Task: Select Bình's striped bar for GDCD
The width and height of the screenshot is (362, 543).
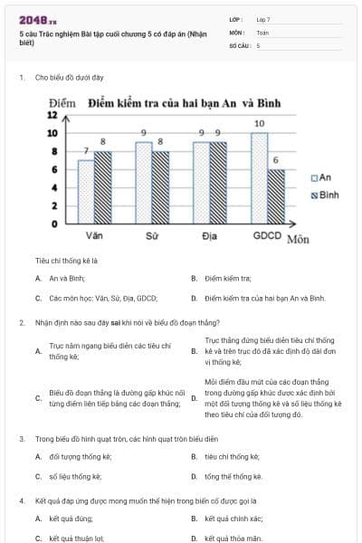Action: [276, 195]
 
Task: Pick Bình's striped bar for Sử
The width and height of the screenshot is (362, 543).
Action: [160, 186]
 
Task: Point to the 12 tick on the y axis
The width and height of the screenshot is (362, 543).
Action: [52, 115]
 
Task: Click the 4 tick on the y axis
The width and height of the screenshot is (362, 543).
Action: [54, 187]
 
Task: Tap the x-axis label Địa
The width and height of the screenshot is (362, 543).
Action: [209, 235]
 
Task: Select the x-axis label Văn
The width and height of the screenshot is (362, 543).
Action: [94, 235]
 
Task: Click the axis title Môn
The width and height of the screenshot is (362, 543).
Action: [298, 239]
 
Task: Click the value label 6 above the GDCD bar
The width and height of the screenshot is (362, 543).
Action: [276, 160]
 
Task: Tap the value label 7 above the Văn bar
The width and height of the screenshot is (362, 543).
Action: [85, 150]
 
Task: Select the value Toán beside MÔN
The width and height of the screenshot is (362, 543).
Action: [262, 32]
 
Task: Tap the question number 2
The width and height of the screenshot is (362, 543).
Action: [21, 321]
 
